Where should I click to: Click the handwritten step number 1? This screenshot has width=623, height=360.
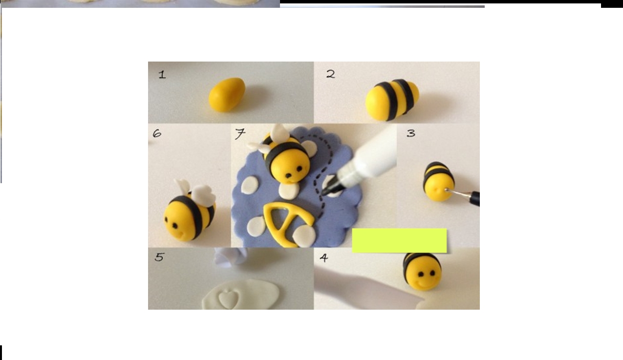[162, 75]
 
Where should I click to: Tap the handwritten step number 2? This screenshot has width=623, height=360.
[331, 74]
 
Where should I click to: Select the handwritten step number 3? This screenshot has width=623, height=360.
[411, 133]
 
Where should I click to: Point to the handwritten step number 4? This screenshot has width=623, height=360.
[324, 258]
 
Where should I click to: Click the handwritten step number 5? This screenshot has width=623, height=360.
[159, 257]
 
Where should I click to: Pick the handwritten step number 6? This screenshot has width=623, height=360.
[157, 134]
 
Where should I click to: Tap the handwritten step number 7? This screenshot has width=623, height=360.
[240, 134]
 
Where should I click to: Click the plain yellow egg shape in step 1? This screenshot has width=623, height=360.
[227, 95]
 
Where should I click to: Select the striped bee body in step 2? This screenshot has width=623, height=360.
[392, 100]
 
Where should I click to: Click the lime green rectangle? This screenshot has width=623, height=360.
[399, 241]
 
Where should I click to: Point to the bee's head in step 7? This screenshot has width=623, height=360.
[290, 166]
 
